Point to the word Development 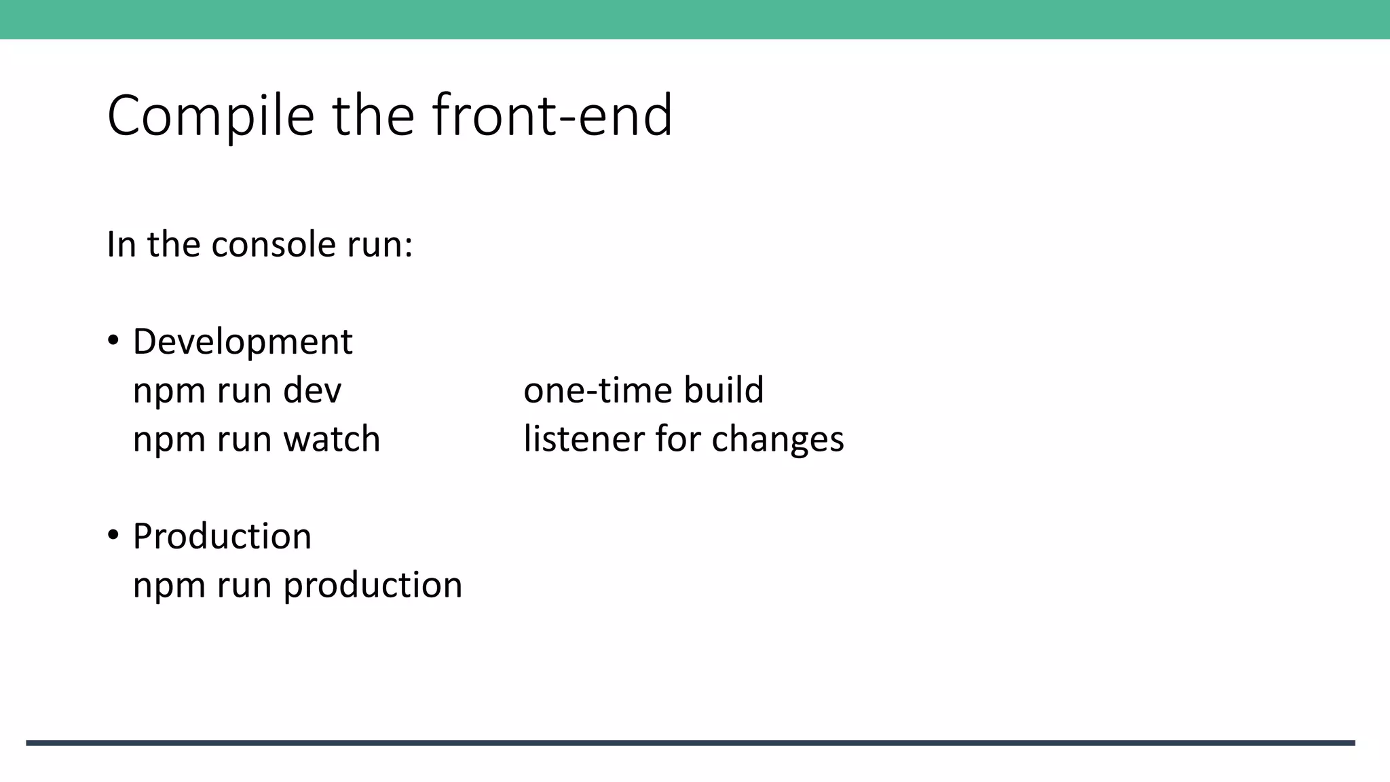pos(242,341)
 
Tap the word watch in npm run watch pos(332,439)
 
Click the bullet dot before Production pos(113,535)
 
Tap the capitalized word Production pos(222,536)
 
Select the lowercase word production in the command pos(373,586)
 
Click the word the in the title pos(373,115)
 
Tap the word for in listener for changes pos(678,439)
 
